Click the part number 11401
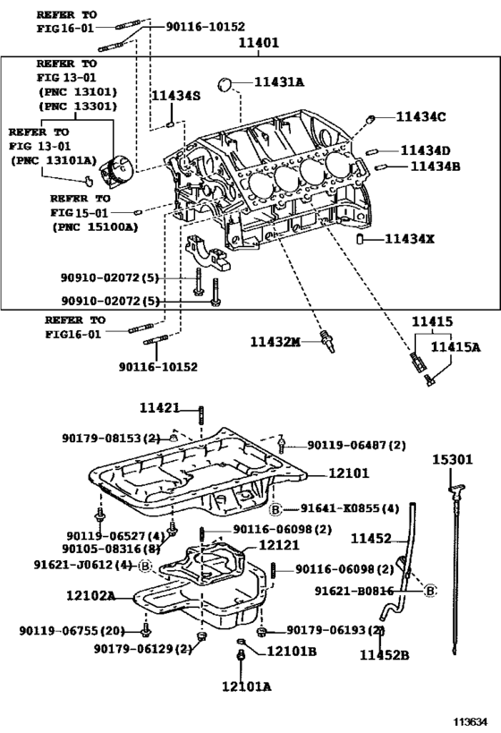(258, 42)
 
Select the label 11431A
(278, 82)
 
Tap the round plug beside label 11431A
(229, 84)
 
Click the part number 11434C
(421, 116)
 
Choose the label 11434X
(410, 239)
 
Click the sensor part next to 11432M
(328, 340)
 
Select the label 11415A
(454, 347)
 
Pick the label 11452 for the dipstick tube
(371, 538)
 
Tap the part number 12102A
(90, 593)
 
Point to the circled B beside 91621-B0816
(429, 591)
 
